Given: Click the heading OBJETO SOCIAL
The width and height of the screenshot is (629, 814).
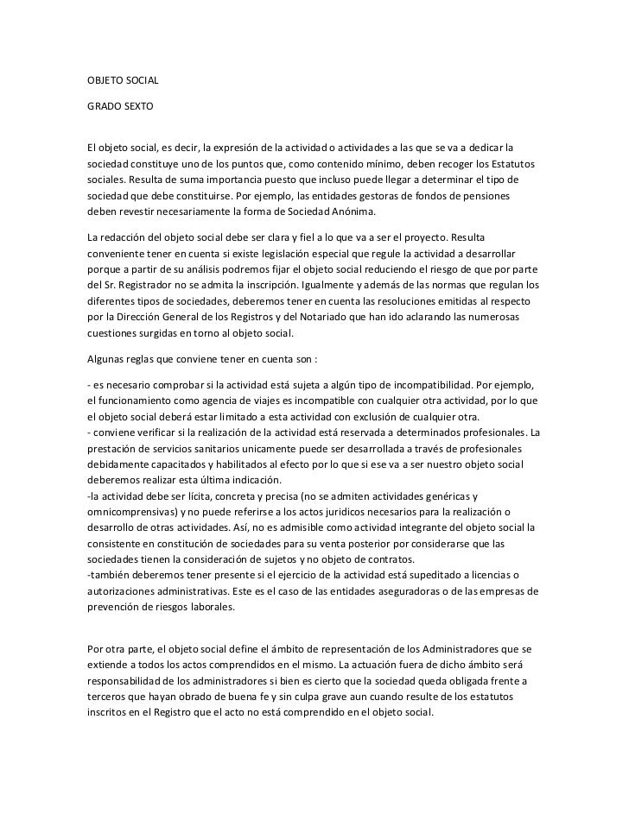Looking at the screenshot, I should click(124, 81).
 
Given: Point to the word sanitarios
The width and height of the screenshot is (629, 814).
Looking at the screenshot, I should click(229, 449).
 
